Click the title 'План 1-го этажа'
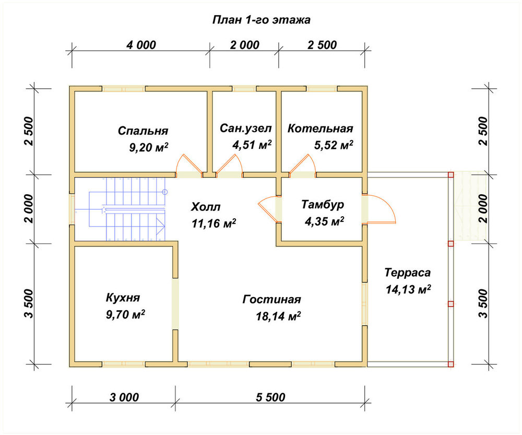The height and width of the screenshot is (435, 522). pyautogui.click(x=262, y=20)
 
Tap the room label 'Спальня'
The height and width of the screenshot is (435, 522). pyautogui.click(x=143, y=131)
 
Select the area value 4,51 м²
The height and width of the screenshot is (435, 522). pyautogui.click(x=252, y=145)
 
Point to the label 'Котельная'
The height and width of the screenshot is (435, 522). pyautogui.click(x=321, y=128)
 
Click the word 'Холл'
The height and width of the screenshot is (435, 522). pyautogui.click(x=206, y=207)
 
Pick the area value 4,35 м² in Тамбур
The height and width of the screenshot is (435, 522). pyautogui.click(x=325, y=221)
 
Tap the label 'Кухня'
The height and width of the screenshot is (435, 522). pyautogui.click(x=123, y=298)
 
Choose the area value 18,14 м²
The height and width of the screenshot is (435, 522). pyautogui.click(x=278, y=316)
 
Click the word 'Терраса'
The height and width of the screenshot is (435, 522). pyautogui.click(x=408, y=273)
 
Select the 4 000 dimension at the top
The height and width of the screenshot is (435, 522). pyautogui.click(x=141, y=44)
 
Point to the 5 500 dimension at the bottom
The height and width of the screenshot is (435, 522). pyautogui.click(x=270, y=397)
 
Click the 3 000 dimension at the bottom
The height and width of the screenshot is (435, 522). pyautogui.click(x=124, y=397)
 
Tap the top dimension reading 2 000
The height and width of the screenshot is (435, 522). pyautogui.click(x=245, y=44)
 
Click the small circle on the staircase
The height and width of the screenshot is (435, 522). pyautogui.click(x=165, y=192)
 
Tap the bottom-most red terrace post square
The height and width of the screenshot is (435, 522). pyautogui.click(x=451, y=364)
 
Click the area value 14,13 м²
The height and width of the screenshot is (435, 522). pyautogui.click(x=408, y=289)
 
